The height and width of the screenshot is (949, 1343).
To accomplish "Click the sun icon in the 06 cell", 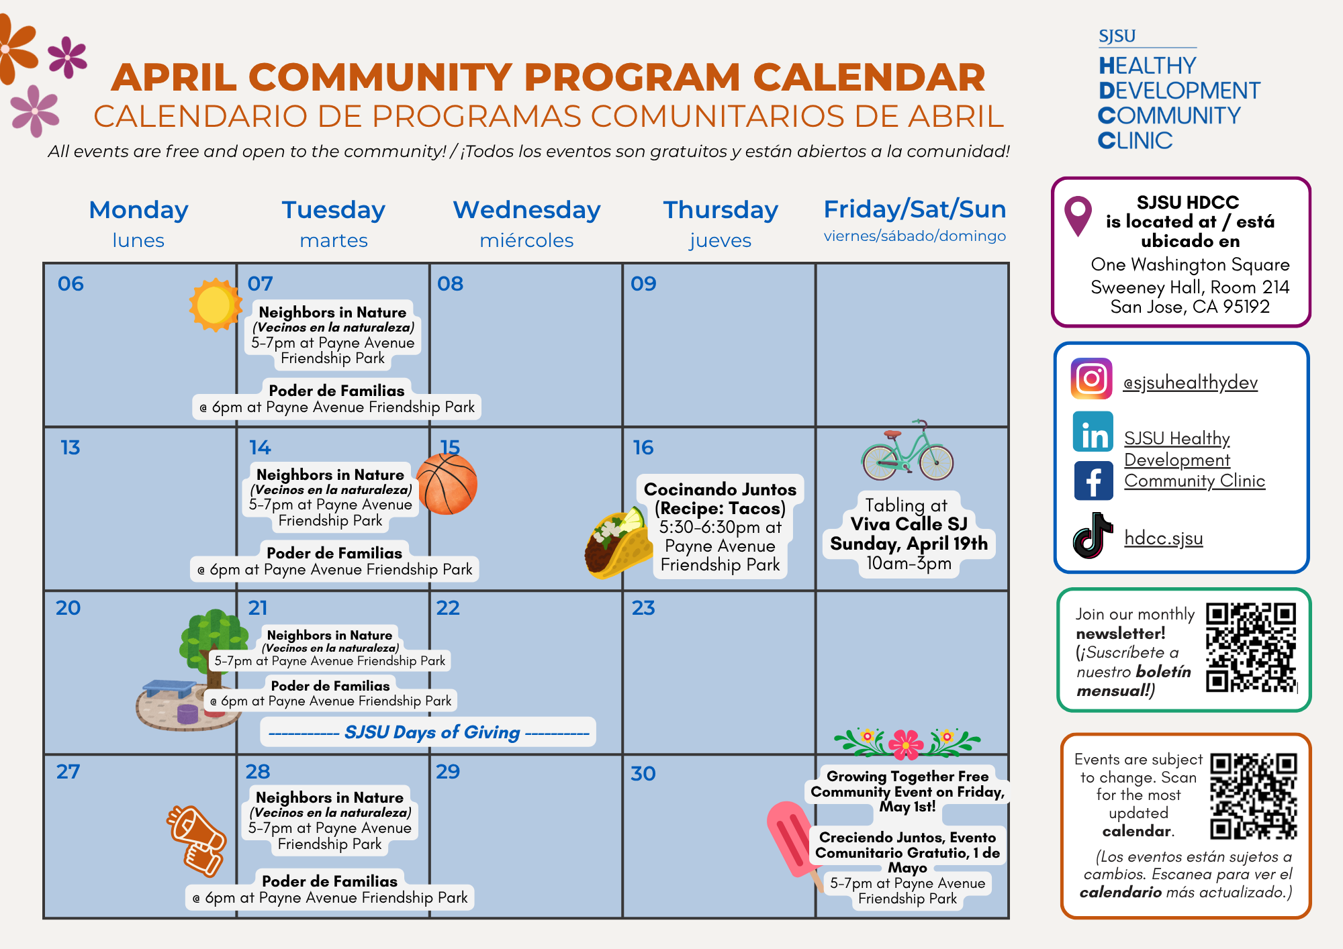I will pyautogui.click(x=215, y=305).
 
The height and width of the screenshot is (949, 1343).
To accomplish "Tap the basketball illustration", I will pyautogui.click(x=447, y=484).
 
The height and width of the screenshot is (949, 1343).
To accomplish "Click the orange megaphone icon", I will pyautogui.click(x=197, y=840).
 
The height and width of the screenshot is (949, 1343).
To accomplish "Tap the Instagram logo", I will pyautogui.click(x=1092, y=379).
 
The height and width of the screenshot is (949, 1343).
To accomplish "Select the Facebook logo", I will pyautogui.click(x=1093, y=481).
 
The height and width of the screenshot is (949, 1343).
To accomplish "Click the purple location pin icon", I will pyautogui.click(x=1078, y=214).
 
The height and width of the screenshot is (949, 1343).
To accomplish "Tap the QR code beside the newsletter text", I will pyautogui.click(x=1250, y=648).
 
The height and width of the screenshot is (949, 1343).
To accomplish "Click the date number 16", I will pyautogui.click(x=643, y=448).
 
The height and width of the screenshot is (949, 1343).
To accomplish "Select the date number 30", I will pyautogui.click(x=643, y=774).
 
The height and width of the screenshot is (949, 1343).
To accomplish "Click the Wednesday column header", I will pyautogui.click(x=526, y=210).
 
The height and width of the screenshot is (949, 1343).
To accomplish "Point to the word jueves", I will pyautogui.click(x=720, y=240).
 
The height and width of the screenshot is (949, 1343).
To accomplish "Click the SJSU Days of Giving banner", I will pyautogui.click(x=428, y=732).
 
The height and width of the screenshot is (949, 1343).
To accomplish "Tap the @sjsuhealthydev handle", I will pyautogui.click(x=1190, y=383).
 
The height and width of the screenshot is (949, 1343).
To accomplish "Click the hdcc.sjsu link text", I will pyautogui.click(x=1164, y=538).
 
